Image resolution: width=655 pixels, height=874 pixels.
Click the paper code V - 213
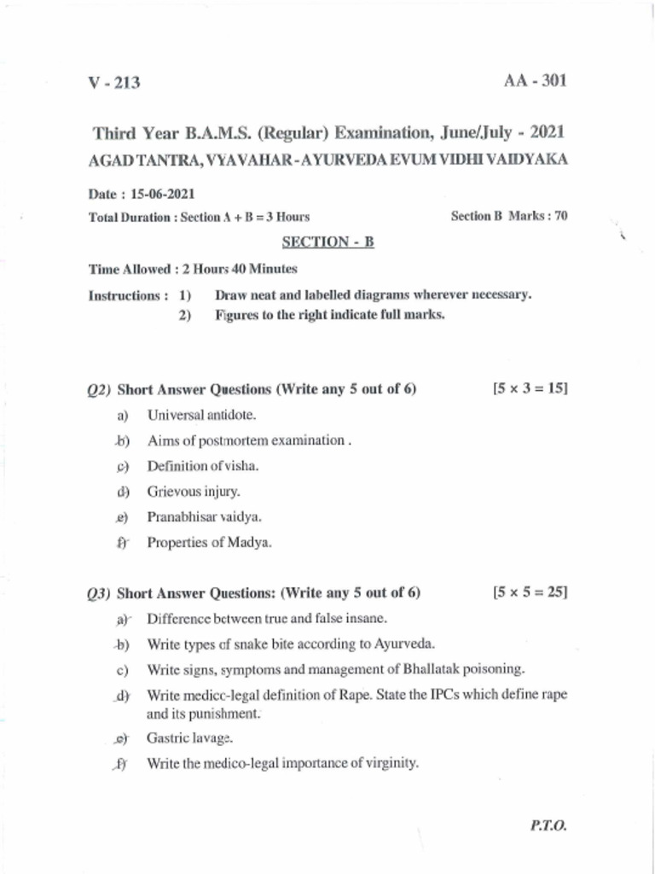[x=114, y=83]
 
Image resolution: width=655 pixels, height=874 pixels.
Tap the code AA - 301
[x=535, y=81]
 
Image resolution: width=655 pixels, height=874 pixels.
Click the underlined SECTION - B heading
[x=328, y=242]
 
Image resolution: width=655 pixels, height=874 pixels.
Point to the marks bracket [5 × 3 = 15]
[x=530, y=388]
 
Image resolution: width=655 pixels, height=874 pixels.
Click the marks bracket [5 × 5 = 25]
[x=530, y=591]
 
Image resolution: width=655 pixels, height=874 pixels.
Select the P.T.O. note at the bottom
[x=548, y=826]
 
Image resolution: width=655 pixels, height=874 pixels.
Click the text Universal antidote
[x=201, y=415]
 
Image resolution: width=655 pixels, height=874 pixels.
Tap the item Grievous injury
[x=194, y=492]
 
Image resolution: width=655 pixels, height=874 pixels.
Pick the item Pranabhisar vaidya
[x=204, y=516]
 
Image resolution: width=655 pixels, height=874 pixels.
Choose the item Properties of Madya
[x=209, y=542]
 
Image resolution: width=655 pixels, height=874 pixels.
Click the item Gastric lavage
[x=190, y=738]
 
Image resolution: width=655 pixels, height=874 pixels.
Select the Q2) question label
[x=100, y=390]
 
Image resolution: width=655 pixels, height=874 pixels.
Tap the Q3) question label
[x=100, y=592]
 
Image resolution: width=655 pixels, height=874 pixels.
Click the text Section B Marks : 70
[x=508, y=216]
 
